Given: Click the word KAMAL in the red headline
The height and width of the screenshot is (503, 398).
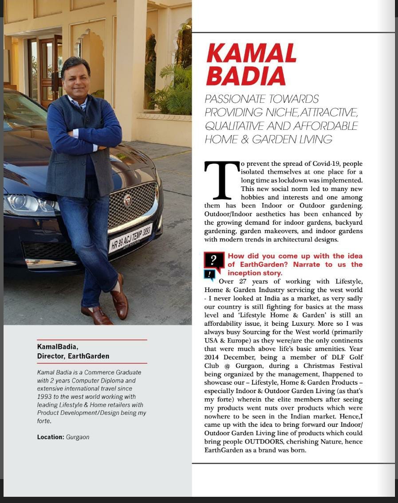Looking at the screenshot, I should pos(251,54).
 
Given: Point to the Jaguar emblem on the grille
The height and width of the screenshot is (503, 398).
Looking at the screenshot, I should pos(127,200).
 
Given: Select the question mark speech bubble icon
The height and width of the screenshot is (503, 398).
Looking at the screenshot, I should pos(214,261).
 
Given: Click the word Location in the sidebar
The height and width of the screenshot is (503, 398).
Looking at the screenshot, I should pos(50,437).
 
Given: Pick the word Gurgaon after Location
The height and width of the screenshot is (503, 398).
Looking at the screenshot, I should pos(78,437).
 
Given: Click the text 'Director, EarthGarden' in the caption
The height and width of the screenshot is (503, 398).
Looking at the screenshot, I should pos(73,356).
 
